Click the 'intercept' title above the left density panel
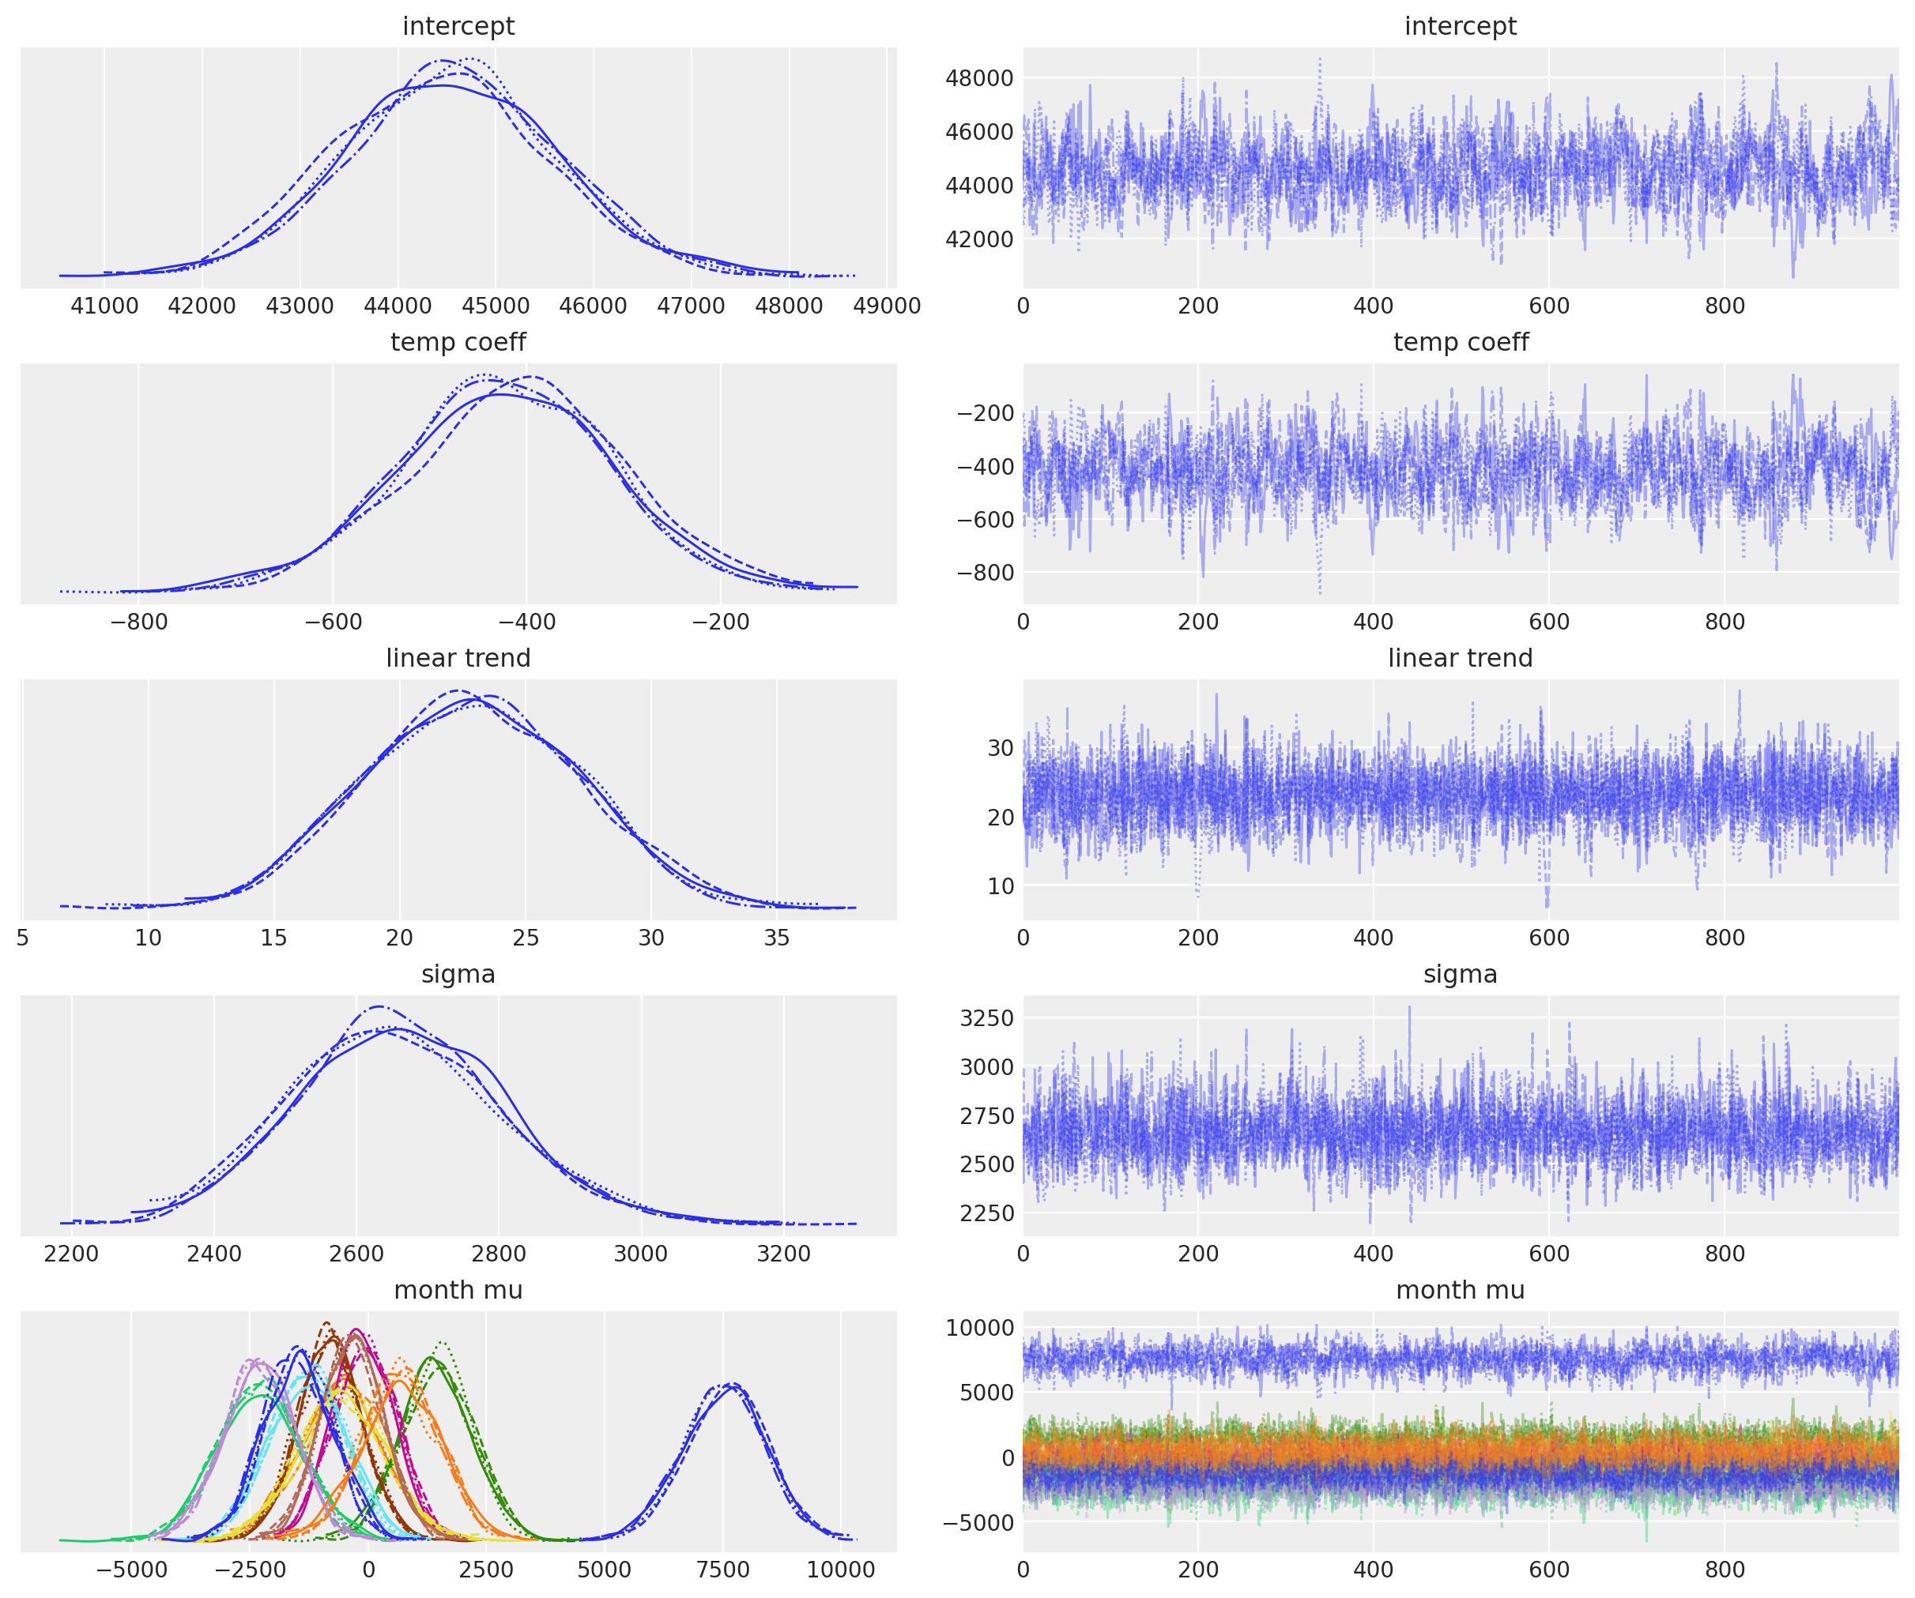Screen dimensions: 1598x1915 pyautogui.click(x=458, y=26)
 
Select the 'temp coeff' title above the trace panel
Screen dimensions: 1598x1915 pyautogui.click(x=1460, y=343)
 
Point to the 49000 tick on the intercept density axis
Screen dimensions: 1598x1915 pyautogui.click(x=887, y=306)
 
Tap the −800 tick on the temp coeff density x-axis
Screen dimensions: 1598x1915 pyautogui.click(x=138, y=622)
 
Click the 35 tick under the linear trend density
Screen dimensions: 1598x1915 pyautogui.click(x=776, y=938)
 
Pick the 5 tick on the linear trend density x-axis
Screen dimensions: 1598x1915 pyautogui.click(x=23, y=938)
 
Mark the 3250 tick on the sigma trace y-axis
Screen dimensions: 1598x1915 pyautogui.click(x=986, y=1018)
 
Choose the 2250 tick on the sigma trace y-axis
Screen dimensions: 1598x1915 pyautogui.click(x=986, y=1213)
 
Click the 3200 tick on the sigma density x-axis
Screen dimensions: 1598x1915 pyautogui.click(x=783, y=1254)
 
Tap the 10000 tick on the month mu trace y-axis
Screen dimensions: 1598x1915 pyautogui.click(x=980, y=1328)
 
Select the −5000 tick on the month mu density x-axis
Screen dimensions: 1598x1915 pyautogui.click(x=132, y=1570)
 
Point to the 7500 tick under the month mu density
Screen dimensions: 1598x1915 pyautogui.click(x=723, y=1570)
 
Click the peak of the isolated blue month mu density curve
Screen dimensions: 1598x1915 pyautogui.click(x=731, y=1386)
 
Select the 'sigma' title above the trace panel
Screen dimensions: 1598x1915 pyautogui.click(x=1460, y=976)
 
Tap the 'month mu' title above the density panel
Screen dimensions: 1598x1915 pyautogui.click(x=458, y=1291)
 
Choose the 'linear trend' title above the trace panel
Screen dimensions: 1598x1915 pyautogui.click(x=1460, y=659)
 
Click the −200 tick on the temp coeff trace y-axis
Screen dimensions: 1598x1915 pyautogui.click(x=985, y=414)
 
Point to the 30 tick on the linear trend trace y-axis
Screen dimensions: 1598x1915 pyautogui.click(x=1001, y=748)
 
